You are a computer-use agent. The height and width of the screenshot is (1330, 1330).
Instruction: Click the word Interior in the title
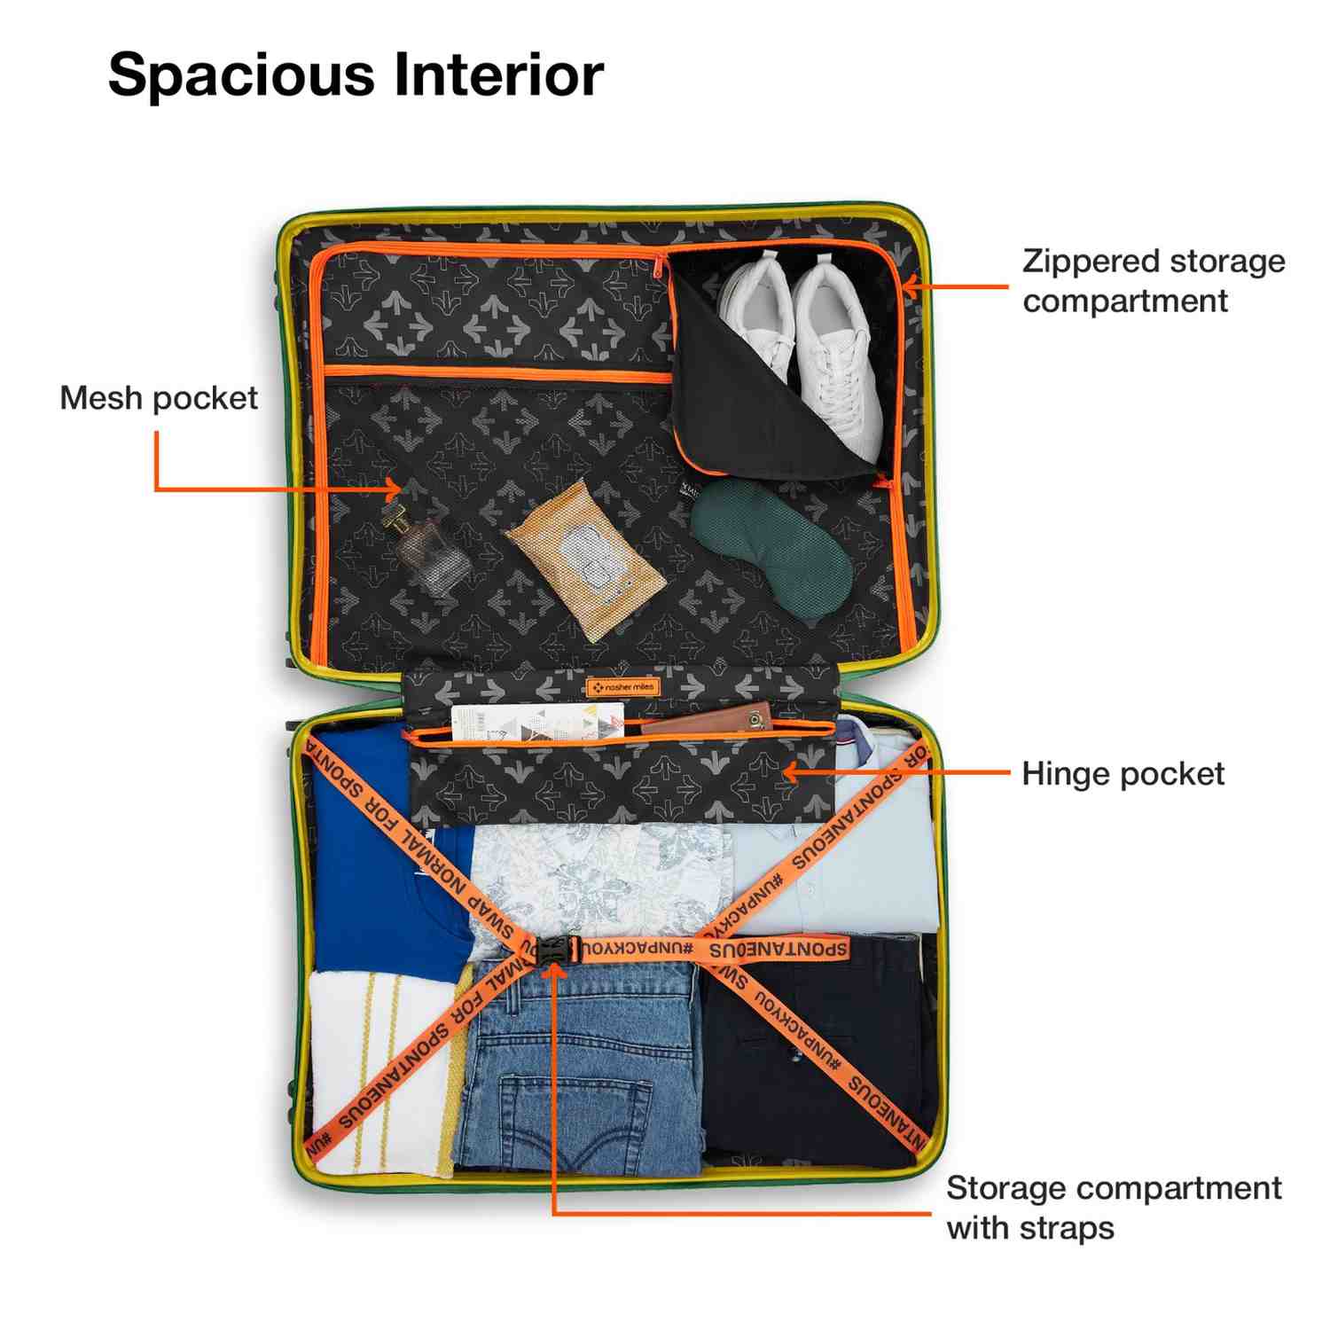(x=498, y=74)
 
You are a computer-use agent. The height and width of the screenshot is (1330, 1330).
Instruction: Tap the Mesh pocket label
(x=159, y=398)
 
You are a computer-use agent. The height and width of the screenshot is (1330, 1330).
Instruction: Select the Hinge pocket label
(x=1123, y=774)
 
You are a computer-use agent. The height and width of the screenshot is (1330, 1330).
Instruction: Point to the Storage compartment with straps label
(x=1113, y=1208)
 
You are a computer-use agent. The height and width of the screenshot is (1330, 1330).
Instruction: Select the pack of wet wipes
(x=584, y=559)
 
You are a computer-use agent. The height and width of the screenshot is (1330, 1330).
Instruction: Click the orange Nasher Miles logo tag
(x=622, y=687)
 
